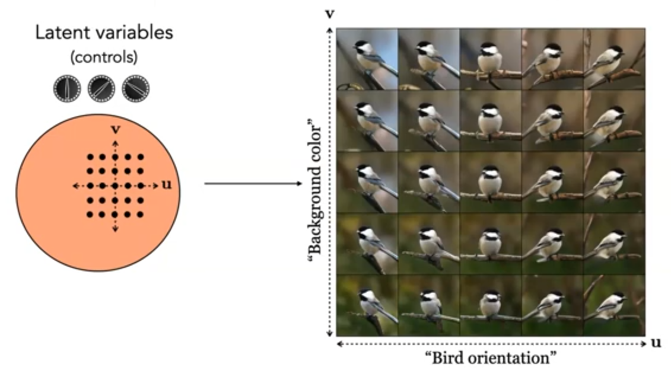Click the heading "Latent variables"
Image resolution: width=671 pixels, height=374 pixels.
click(x=104, y=32)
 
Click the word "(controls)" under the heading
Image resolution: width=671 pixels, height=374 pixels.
click(x=104, y=57)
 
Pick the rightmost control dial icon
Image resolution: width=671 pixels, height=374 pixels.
click(x=135, y=88)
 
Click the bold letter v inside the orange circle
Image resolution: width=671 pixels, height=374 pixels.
click(x=115, y=129)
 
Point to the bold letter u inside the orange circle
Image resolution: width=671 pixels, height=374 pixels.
click(x=166, y=185)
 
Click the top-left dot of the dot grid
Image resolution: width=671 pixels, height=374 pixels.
click(x=89, y=157)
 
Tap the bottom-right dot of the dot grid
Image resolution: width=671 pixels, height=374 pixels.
click(x=141, y=214)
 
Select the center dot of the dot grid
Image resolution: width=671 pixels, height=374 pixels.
click(x=115, y=186)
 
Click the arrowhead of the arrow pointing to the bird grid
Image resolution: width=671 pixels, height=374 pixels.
click(x=299, y=184)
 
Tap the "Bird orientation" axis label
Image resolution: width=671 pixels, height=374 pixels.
click(x=491, y=358)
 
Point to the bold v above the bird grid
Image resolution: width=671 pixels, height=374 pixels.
click(x=330, y=13)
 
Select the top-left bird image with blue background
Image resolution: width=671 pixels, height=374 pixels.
click(x=367, y=59)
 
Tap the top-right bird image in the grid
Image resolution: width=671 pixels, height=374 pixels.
click(x=613, y=59)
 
